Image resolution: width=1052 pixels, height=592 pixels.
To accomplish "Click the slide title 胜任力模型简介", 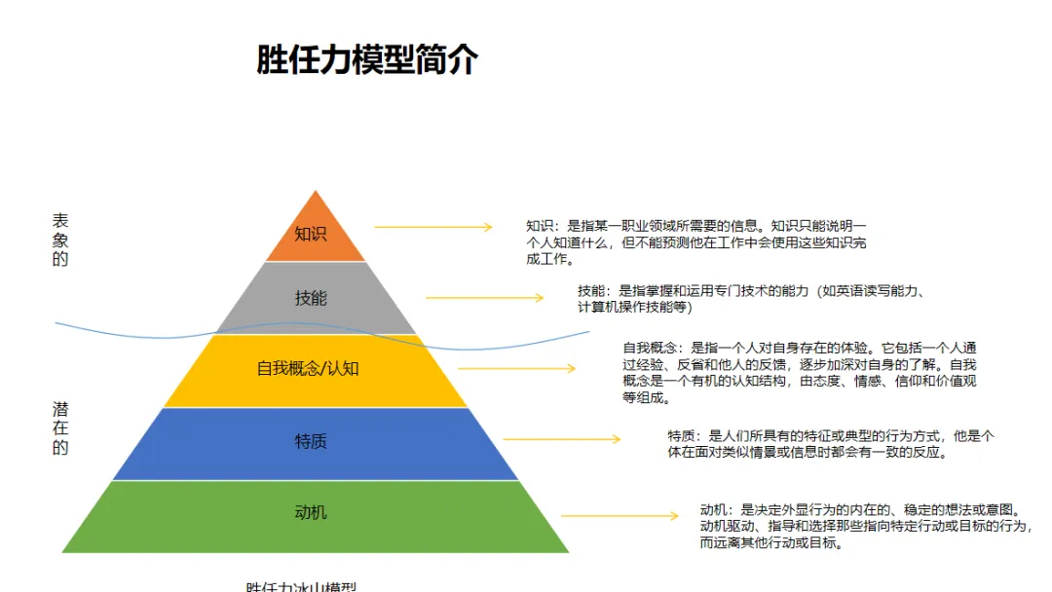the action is pos(367,60).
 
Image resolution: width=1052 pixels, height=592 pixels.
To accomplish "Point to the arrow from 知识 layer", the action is pos(433,227).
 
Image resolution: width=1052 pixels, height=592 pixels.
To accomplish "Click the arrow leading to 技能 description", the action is pos(484,298).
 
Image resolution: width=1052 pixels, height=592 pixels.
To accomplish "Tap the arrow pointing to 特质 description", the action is pos(562,439).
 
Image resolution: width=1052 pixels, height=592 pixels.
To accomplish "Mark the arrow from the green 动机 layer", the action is pos(620,515).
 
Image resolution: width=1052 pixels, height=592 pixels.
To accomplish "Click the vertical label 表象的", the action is pos(60,240).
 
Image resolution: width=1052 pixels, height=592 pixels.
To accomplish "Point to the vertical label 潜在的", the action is pos(60,428).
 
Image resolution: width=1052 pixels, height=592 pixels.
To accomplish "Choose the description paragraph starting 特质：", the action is pos(830,444).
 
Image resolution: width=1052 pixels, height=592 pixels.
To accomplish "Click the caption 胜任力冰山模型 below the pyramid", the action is pos(301,586).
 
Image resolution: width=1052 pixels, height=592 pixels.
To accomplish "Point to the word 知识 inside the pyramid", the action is pos(311,234).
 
